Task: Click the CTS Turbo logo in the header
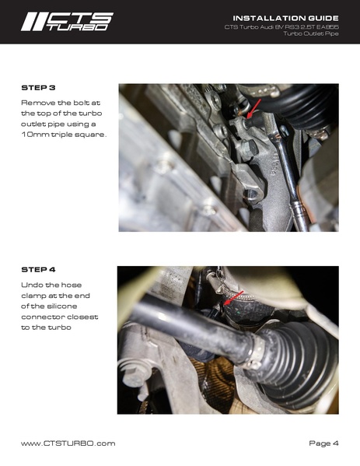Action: point(66,22)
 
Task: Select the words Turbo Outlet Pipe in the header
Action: point(309,35)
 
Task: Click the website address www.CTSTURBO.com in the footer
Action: point(68,443)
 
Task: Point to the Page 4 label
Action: point(323,443)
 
